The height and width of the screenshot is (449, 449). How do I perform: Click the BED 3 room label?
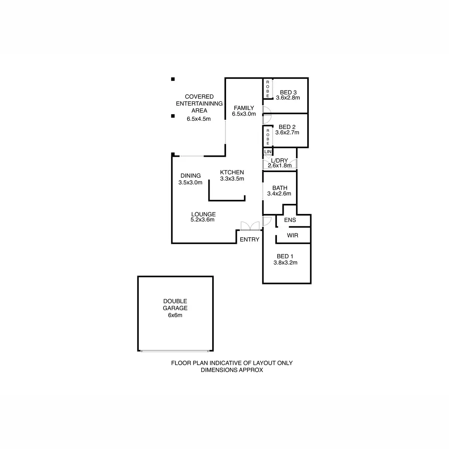pyautogui.click(x=288, y=92)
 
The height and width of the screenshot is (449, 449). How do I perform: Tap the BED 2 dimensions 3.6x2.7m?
pyautogui.click(x=287, y=132)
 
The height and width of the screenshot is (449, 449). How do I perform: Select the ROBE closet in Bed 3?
pyautogui.click(x=268, y=89)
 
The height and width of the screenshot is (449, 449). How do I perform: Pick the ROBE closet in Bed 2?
pyautogui.click(x=268, y=137)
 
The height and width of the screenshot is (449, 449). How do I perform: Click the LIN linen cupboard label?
pyautogui.click(x=268, y=152)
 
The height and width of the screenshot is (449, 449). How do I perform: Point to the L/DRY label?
pyautogui.click(x=280, y=161)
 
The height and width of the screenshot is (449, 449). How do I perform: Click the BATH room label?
pyautogui.click(x=280, y=188)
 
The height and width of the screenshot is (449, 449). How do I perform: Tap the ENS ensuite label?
pyautogui.click(x=290, y=220)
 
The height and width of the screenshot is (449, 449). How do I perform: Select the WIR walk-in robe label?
pyautogui.click(x=292, y=236)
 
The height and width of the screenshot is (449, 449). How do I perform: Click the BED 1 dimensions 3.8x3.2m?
pyautogui.click(x=285, y=263)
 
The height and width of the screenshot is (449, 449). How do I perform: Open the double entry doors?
pyautogui.click(x=250, y=226)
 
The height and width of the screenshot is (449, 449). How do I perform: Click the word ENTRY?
pyautogui.click(x=250, y=239)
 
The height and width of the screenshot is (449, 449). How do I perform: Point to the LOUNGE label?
pyautogui.click(x=203, y=214)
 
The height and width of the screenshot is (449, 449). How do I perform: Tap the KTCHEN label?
pyautogui.click(x=232, y=172)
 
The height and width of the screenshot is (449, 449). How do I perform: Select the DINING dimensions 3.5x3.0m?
pyautogui.click(x=190, y=183)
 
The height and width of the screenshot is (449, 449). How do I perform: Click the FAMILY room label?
pyautogui.click(x=244, y=108)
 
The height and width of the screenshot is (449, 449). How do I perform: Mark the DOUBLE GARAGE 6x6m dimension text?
pyautogui.click(x=175, y=315)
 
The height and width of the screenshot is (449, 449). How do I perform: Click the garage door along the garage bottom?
pyautogui.click(x=175, y=351)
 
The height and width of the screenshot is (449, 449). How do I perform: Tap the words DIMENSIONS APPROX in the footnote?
pyautogui.click(x=232, y=370)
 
